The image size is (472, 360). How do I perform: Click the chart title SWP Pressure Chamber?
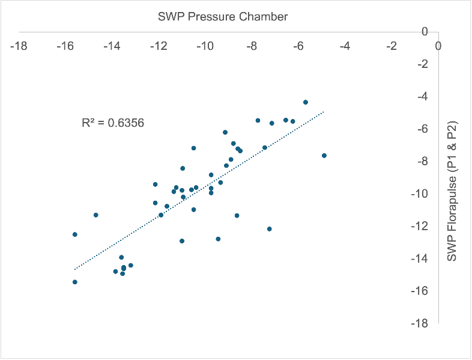coord(223,17)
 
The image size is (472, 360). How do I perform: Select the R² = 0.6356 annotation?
coord(113,123)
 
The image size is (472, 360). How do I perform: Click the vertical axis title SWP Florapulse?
coord(452,192)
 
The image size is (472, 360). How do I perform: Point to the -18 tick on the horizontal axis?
coord(19,46)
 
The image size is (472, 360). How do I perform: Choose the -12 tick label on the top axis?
coord(159,46)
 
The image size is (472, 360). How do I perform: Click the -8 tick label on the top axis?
coord(252,46)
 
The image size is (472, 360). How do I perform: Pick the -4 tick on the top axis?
coord(345,46)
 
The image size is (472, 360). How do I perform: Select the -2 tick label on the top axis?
coord(392,46)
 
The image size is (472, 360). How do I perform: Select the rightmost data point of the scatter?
coord(324,156)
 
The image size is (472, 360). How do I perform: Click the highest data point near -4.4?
coord(306,102)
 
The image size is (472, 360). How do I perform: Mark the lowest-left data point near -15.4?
coord(75,282)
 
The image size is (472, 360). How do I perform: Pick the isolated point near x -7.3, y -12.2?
coord(270,229)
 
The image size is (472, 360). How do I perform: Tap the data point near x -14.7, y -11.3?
coord(96,215)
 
